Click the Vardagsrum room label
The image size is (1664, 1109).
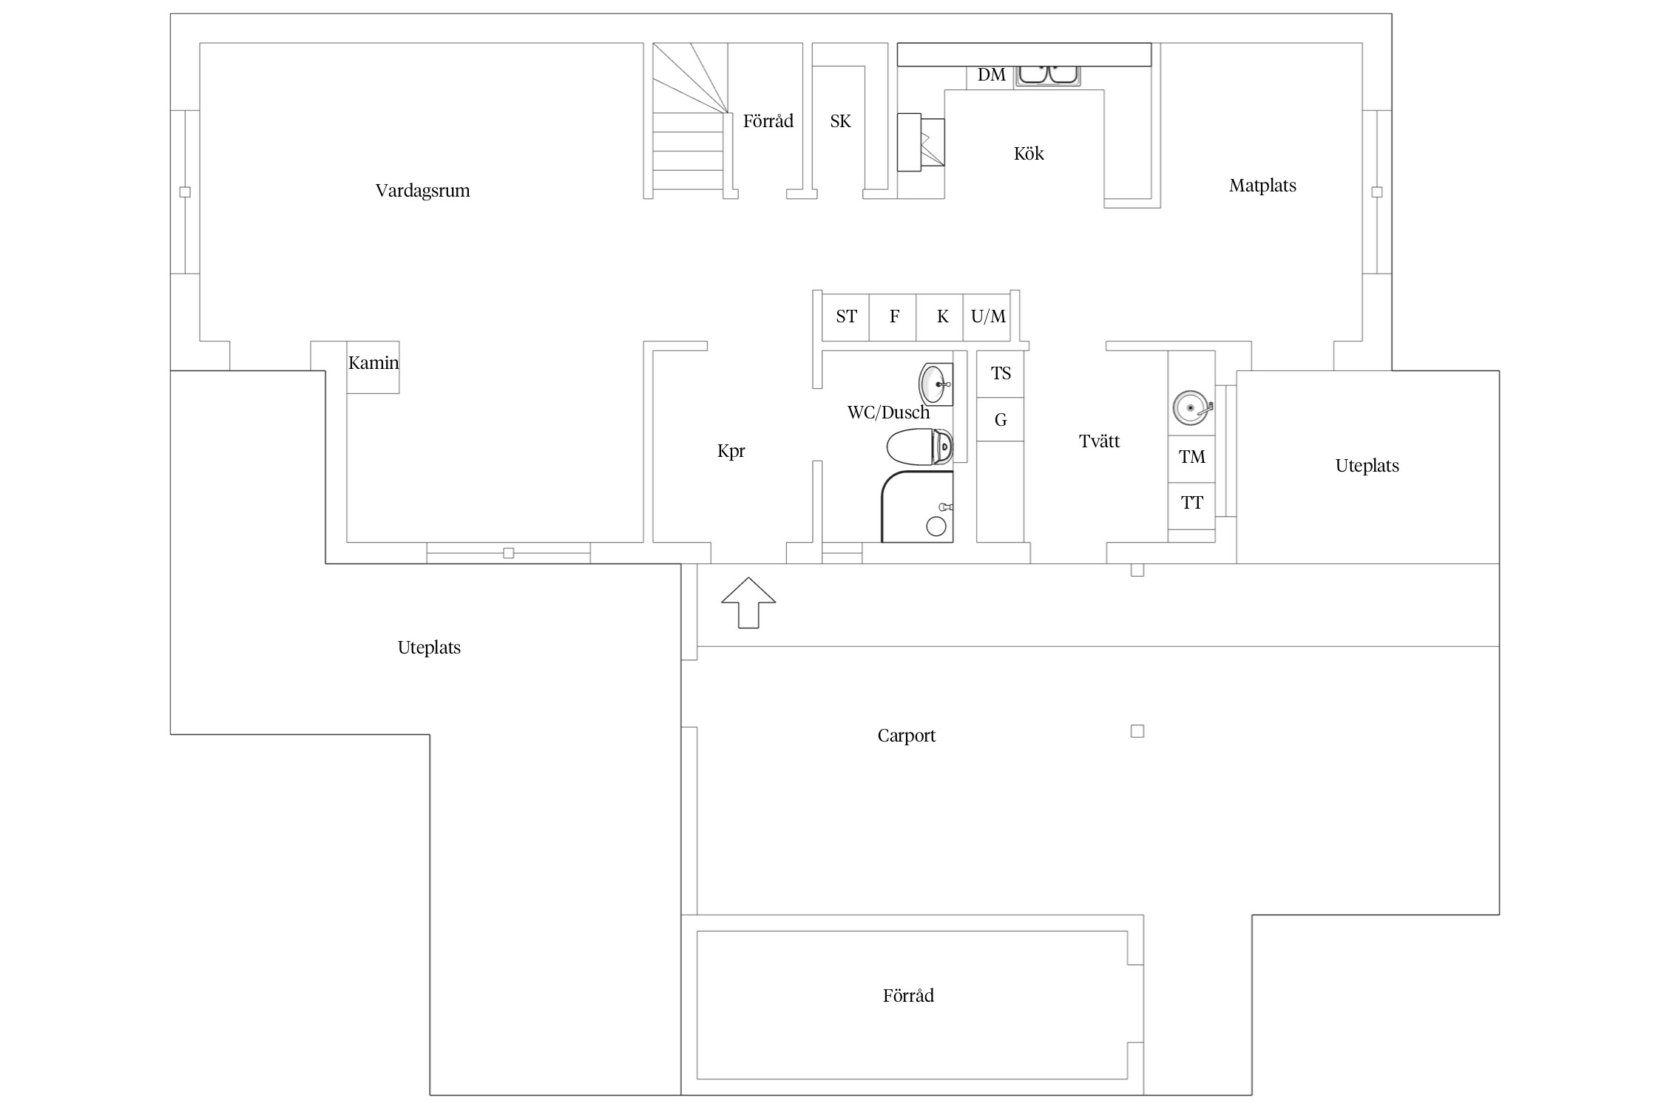click(x=422, y=191)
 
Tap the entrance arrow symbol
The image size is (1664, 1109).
click(x=748, y=603)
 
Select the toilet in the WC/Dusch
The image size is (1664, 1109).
click(x=920, y=447)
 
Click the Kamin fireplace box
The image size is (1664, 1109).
click(x=373, y=367)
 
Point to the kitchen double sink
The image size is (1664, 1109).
click(x=1048, y=75)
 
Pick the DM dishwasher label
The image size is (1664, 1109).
click(x=991, y=75)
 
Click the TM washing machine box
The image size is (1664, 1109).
click(x=1191, y=459)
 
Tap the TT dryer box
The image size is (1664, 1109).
click(x=1191, y=506)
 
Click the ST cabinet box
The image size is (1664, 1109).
click(x=845, y=317)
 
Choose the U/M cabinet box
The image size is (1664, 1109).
click(x=987, y=317)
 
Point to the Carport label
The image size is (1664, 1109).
click(x=906, y=736)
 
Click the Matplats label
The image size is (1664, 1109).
click(x=1262, y=186)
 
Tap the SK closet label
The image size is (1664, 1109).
click(x=840, y=121)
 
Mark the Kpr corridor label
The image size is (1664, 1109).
click(x=731, y=451)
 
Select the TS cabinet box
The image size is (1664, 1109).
click(x=1001, y=374)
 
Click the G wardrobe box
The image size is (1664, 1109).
click(x=1001, y=420)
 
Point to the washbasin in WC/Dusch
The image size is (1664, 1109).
click(x=936, y=384)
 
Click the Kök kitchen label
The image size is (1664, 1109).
click(x=1029, y=154)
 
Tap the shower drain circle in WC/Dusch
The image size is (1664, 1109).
click(x=936, y=526)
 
